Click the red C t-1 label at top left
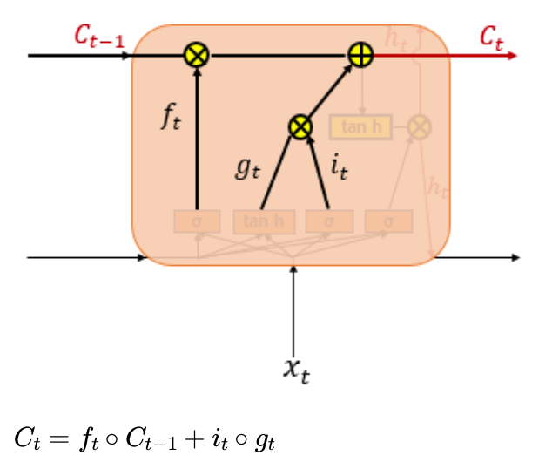97,37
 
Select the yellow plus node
360,55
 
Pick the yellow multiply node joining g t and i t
300,127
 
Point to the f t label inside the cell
172,117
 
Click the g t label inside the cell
247,167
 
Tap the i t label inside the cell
340,165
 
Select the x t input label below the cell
296,370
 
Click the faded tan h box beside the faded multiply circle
360,127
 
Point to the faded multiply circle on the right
420,127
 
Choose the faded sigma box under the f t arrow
197,221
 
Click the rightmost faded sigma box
388,221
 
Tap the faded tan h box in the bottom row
264,221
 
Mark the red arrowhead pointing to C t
512,55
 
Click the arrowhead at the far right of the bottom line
516,258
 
